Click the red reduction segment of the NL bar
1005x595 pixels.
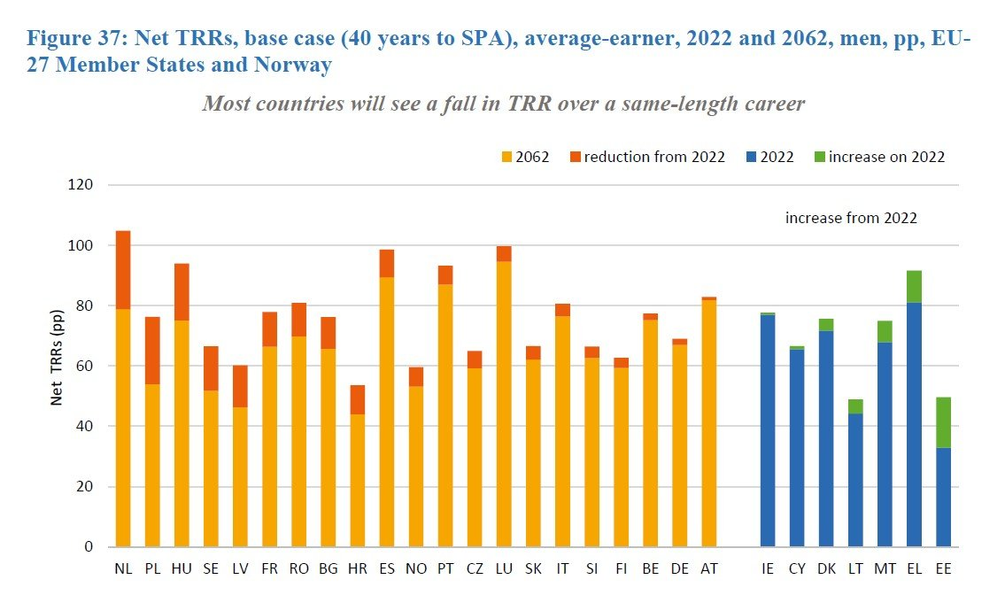(123, 270)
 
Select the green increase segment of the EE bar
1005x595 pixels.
(944, 422)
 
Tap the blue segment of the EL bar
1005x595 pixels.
(915, 424)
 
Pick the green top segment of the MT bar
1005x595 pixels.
(885, 331)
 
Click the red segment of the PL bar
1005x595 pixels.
(152, 350)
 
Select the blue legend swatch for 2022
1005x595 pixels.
(752, 158)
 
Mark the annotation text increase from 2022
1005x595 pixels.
(851, 217)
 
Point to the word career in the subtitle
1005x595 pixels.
(772, 104)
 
